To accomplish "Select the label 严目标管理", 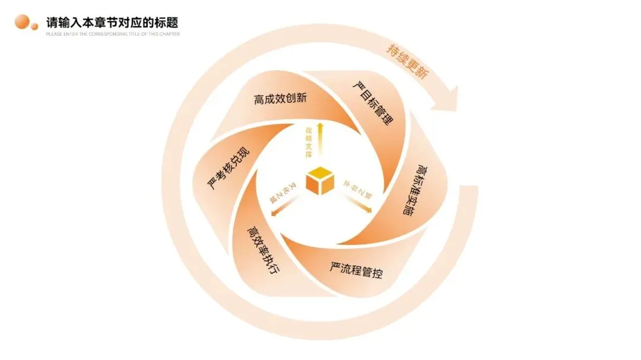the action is click(372, 103).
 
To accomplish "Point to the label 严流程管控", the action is click(356, 270).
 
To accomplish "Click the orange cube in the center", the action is click(320, 180).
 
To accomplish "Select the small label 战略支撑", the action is click(309, 142).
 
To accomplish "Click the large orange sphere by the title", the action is click(23, 22).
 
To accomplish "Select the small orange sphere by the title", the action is click(34, 26).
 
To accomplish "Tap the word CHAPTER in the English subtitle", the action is click(170, 34).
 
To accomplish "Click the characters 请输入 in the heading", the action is click(63, 23).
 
